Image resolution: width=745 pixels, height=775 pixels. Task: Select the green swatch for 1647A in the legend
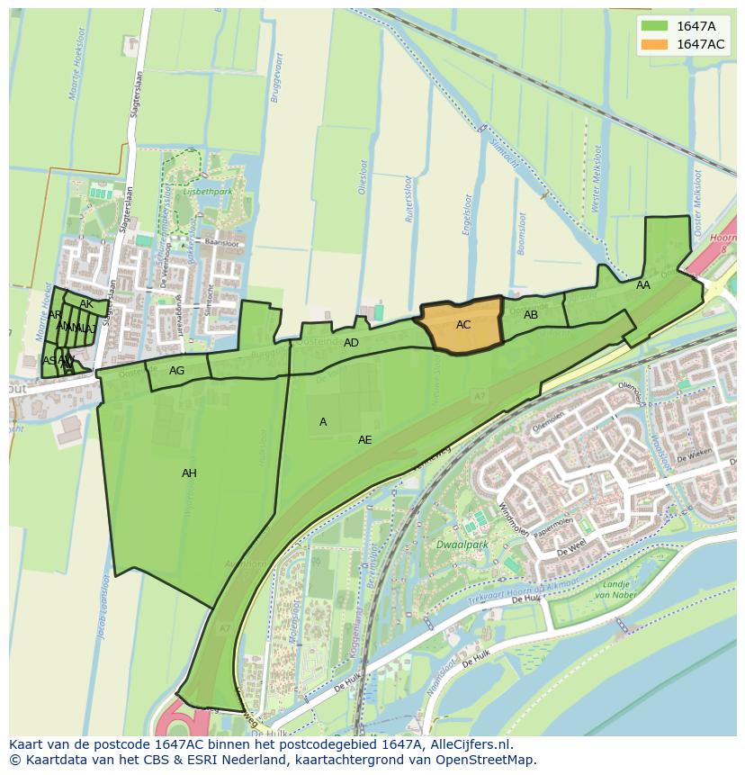[656, 26]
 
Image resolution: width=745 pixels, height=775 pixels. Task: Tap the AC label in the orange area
[463, 325]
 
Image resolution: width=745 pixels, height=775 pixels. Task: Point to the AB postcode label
[531, 315]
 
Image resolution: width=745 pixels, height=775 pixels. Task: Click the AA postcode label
[643, 285]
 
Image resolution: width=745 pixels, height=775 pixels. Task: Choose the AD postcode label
[351, 343]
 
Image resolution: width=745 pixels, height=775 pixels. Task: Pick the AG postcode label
[176, 371]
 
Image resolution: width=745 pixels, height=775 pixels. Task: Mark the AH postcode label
[189, 473]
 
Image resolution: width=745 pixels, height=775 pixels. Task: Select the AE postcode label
[364, 440]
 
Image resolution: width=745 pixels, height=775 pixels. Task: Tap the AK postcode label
[86, 304]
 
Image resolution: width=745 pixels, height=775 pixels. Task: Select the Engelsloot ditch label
[467, 217]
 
